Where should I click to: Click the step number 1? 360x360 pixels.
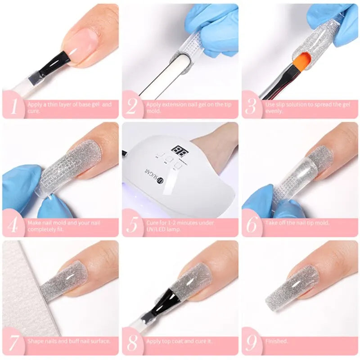[13, 107]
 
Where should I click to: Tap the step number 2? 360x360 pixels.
[132, 107]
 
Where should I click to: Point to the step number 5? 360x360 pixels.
[133, 225]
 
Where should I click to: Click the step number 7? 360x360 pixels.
[13, 343]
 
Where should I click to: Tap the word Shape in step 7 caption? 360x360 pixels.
[35, 341]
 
